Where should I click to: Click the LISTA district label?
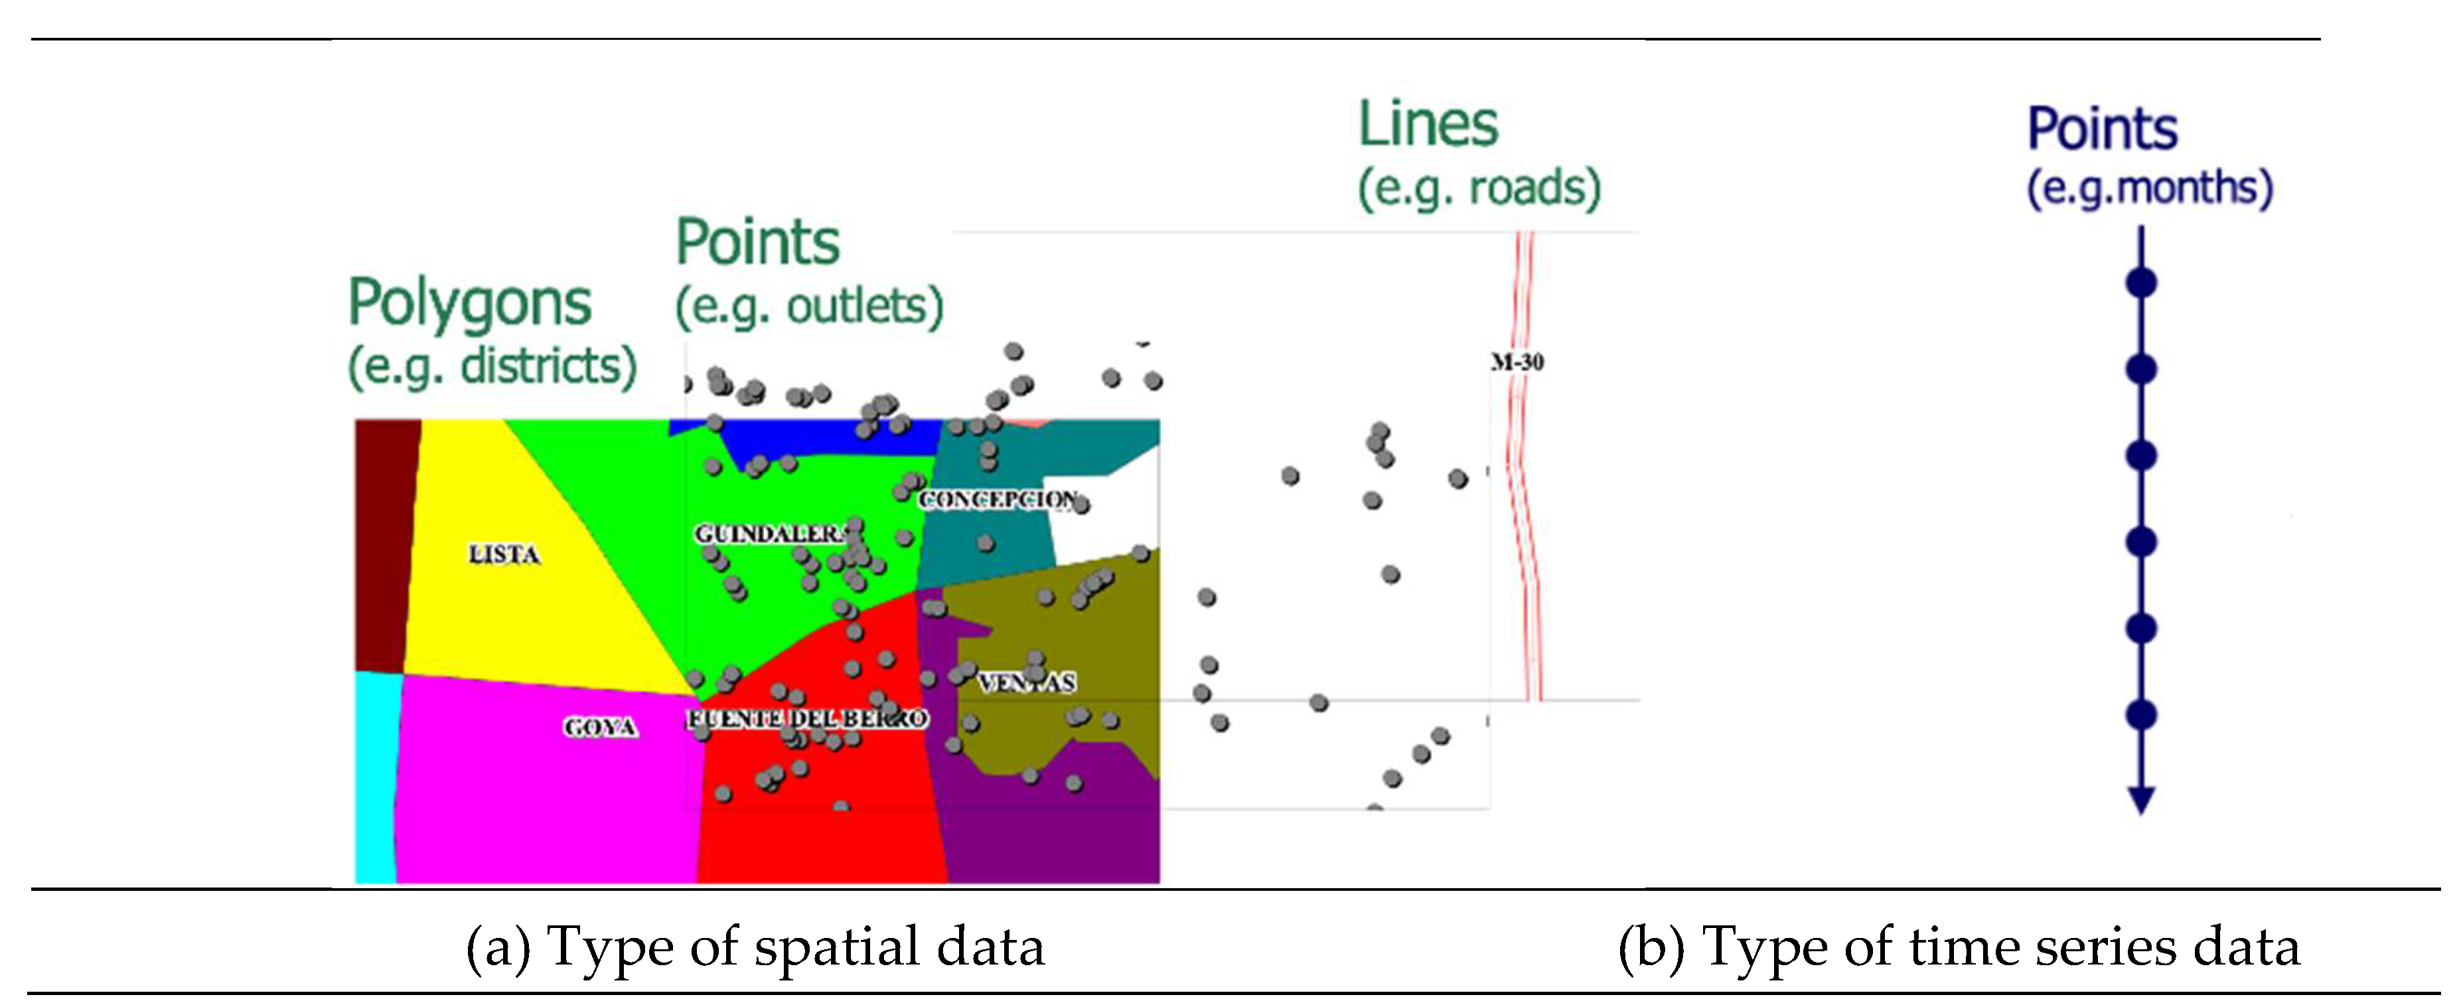pos(504,554)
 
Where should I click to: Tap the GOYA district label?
pos(599,727)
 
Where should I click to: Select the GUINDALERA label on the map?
pos(769,533)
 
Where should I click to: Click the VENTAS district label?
pos(1027,682)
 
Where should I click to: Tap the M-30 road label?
pos(1517,362)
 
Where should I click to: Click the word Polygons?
pos(469,303)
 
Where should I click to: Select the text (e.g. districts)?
pos(491,366)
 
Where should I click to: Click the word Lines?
pos(1428,125)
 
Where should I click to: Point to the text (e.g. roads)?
pos(1479,187)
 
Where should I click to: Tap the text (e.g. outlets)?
pos(808,307)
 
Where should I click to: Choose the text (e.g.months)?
pos(2150,187)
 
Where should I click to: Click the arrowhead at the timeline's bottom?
pos(2141,801)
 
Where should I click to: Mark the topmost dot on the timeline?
pos(2141,283)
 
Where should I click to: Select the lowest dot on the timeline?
pos(2141,715)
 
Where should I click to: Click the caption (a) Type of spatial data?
pos(755,947)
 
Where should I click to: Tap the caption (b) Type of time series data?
pos(1959,947)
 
